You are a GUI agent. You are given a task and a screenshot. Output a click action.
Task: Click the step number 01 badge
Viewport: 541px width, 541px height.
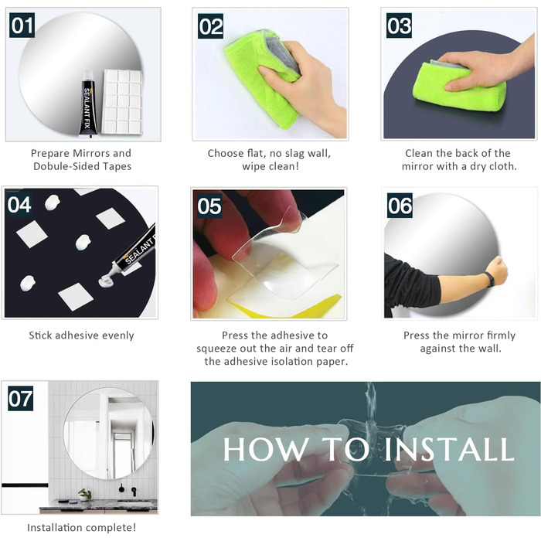coord(22,26)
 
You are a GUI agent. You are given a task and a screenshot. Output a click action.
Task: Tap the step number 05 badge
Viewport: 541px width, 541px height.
coord(209,206)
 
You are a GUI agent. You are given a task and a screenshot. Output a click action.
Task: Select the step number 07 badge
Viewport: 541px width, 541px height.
coord(21,399)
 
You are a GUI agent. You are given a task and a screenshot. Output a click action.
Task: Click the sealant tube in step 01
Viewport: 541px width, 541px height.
coord(89,103)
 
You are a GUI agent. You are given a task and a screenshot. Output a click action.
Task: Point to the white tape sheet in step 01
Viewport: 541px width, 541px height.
coord(123,102)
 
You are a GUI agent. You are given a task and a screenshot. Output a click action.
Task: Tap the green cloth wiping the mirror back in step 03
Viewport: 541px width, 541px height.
coord(459,87)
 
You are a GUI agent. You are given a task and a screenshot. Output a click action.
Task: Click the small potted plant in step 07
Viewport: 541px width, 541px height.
coord(83,495)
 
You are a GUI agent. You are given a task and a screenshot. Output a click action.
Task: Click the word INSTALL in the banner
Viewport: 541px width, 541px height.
coord(449,449)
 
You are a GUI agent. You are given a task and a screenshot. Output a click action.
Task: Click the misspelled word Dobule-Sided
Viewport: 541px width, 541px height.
coord(64,166)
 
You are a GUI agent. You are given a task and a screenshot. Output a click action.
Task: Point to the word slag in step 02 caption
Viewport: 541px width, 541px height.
coord(292,154)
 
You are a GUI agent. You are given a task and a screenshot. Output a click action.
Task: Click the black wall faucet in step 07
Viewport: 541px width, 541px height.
coord(134,491)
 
